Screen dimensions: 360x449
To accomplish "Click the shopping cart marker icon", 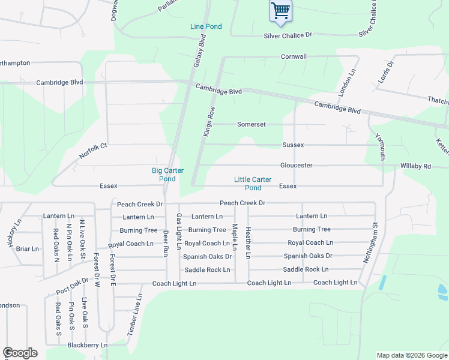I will tap(280, 11).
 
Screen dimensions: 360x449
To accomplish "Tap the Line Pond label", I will tap(206, 27).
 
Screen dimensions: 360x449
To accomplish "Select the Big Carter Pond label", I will tap(163, 175).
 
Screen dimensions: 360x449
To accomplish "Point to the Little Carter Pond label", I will tap(253, 184).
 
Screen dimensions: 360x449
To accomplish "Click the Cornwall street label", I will tap(294, 56).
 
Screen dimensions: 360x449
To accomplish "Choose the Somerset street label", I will tap(252, 124).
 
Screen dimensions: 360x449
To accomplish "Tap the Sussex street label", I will tap(294, 145).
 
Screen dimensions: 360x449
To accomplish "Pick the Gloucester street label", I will tap(296, 165).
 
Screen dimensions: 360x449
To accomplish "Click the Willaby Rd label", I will tap(415, 166).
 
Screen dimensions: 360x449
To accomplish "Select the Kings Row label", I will tap(209, 122).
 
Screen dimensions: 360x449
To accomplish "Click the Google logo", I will tap(20, 353).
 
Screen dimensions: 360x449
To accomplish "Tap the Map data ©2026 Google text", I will tap(412, 355).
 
